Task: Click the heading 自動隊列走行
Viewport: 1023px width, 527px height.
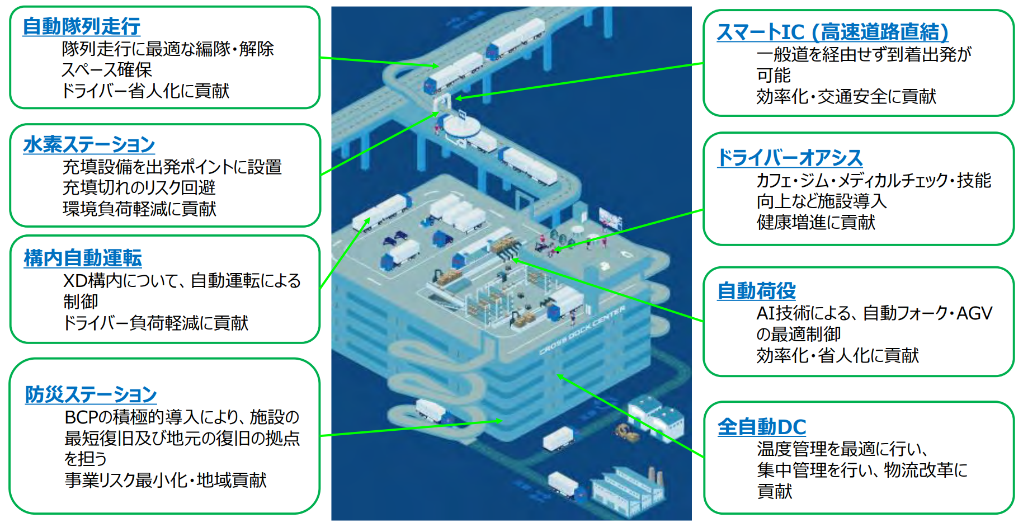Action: tap(82, 26)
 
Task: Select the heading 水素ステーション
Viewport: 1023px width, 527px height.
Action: tap(89, 144)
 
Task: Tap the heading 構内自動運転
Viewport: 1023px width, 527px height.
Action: tap(83, 258)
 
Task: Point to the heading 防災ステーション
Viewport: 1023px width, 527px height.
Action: tap(91, 394)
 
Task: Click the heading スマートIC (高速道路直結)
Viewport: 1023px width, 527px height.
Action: tap(832, 32)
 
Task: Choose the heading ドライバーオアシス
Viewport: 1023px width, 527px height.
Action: tap(790, 158)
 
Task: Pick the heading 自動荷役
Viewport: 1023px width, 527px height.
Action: tap(756, 290)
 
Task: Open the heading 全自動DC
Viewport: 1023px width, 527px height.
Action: tap(762, 427)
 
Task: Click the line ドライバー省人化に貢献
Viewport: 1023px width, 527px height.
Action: tap(145, 91)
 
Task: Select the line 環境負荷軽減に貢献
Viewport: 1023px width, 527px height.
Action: tap(139, 209)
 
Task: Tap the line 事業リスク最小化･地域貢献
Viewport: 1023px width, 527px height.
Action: tap(166, 480)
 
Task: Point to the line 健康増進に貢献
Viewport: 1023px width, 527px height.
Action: tap(815, 222)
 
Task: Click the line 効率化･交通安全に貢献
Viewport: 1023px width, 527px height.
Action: tap(846, 96)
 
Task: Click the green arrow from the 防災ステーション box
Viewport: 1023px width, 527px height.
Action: tap(411, 429)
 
